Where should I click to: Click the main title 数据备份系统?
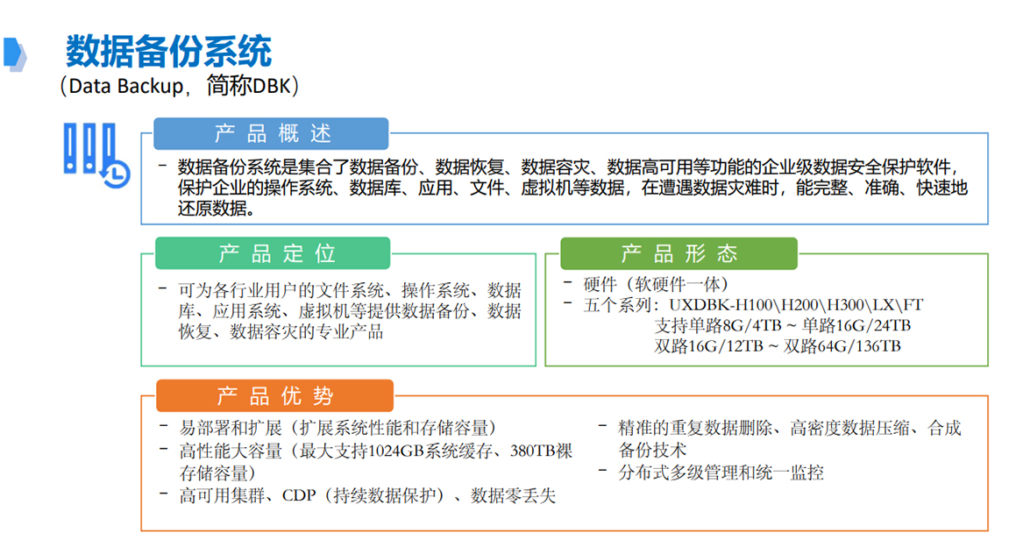[168, 52]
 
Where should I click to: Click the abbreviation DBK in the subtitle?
[267, 86]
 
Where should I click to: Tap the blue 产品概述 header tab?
[272, 133]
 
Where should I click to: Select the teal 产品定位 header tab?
[274, 253]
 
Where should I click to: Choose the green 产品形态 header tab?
[679, 253]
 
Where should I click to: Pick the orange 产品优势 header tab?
[274, 395]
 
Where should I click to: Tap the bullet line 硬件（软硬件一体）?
[657, 284]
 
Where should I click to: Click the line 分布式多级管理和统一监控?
[721, 472]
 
